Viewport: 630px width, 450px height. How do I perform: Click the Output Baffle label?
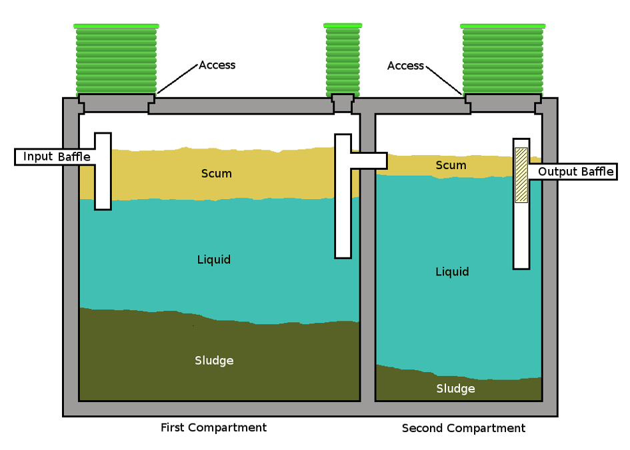575,172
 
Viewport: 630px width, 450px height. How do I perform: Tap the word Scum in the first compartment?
217,174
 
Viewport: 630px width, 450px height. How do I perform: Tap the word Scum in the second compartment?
451,165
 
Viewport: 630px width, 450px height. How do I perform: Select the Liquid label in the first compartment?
214,260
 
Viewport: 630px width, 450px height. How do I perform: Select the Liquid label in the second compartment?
452,272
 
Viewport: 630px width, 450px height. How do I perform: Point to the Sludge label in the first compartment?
214,361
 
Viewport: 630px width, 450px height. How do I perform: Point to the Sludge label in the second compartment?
456,389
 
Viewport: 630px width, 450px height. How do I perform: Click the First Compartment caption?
213,427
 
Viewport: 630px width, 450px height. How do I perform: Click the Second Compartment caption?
463,428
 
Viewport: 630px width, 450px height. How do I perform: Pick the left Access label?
217,65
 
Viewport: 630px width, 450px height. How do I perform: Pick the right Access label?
405,66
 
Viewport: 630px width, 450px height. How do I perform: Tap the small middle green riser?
343,60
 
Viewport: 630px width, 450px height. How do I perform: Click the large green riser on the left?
116,60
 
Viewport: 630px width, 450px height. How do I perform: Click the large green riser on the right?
502,60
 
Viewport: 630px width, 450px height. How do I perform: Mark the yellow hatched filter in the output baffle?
521,175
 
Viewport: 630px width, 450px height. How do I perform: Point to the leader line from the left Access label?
177,81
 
